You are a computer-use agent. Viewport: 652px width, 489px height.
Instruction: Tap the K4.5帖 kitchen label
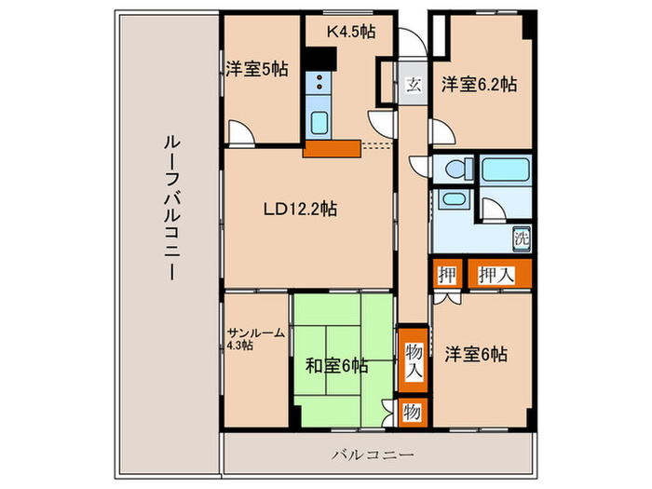coord(351,31)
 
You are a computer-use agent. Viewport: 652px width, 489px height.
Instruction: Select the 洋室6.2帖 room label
coord(479,83)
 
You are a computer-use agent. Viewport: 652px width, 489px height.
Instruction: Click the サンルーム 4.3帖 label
coord(252,337)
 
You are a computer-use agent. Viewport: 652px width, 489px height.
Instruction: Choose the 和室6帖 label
coord(336,364)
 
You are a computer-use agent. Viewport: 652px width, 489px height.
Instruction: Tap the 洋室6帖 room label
coord(475,354)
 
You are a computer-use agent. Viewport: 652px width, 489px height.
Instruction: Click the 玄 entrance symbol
coord(413,84)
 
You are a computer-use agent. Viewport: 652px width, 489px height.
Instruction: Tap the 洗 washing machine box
coord(522,237)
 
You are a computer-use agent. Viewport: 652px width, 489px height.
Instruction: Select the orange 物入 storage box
coord(413,355)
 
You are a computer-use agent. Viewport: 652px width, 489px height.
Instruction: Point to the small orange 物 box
coord(412,411)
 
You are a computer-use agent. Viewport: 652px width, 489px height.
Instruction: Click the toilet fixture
coord(453,170)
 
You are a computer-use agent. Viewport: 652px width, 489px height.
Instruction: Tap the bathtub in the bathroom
coord(506,170)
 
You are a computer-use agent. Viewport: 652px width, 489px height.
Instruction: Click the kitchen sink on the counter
coord(319,122)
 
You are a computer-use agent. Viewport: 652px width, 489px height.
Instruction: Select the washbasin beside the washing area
coord(454,201)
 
